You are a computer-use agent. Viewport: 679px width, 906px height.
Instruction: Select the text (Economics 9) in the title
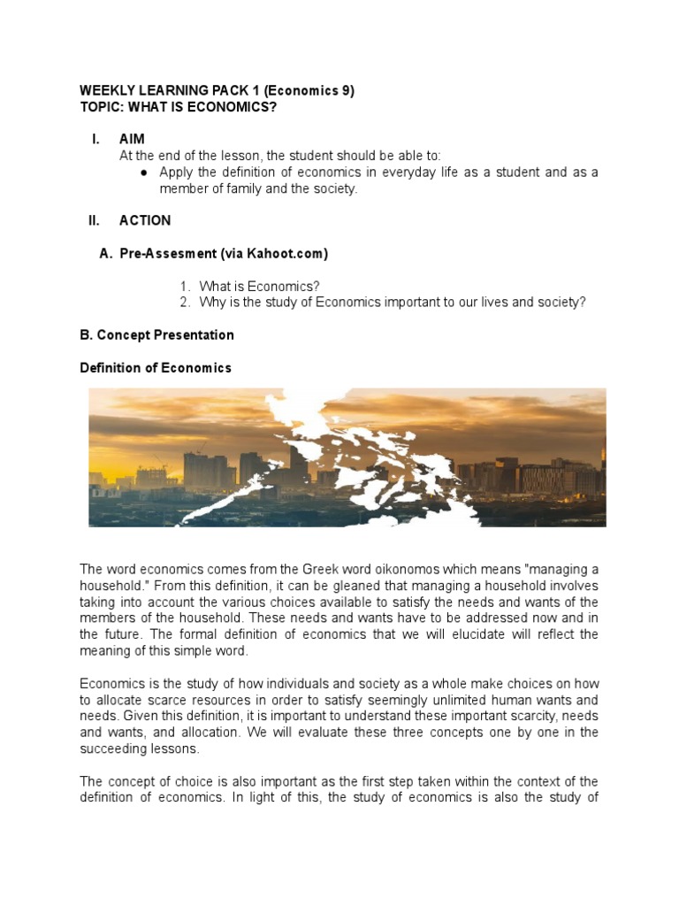[x=309, y=91]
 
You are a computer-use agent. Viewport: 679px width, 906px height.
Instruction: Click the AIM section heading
[x=132, y=140]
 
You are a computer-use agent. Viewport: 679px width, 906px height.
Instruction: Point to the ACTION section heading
[x=145, y=220]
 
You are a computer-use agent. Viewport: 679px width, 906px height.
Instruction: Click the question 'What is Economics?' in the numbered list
[x=259, y=287]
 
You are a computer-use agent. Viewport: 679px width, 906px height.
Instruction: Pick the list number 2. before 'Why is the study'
[x=185, y=303]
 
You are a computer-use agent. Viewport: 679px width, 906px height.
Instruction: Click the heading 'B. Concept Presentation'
[x=156, y=335]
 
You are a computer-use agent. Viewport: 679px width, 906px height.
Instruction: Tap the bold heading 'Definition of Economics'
[x=156, y=368]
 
